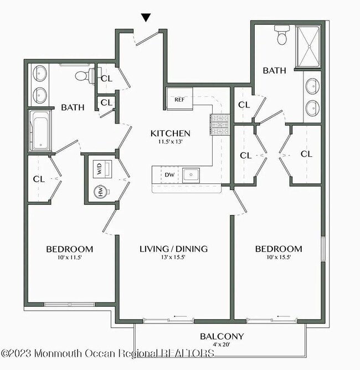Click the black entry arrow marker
click(x=146, y=18)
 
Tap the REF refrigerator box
click(x=179, y=100)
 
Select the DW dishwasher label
click(x=169, y=175)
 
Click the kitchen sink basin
click(x=192, y=175)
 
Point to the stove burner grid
click(x=219, y=125)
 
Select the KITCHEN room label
click(x=171, y=133)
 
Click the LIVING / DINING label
click(x=173, y=249)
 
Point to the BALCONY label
click(x=222, y=336)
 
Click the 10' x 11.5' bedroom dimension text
click(x=69, y=258)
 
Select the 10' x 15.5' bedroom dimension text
click(x=279, y=258)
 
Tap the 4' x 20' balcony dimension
click(x=222, y=345)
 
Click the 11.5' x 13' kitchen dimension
click(x=171, y=142)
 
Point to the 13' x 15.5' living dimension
click(x=173, y=258)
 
